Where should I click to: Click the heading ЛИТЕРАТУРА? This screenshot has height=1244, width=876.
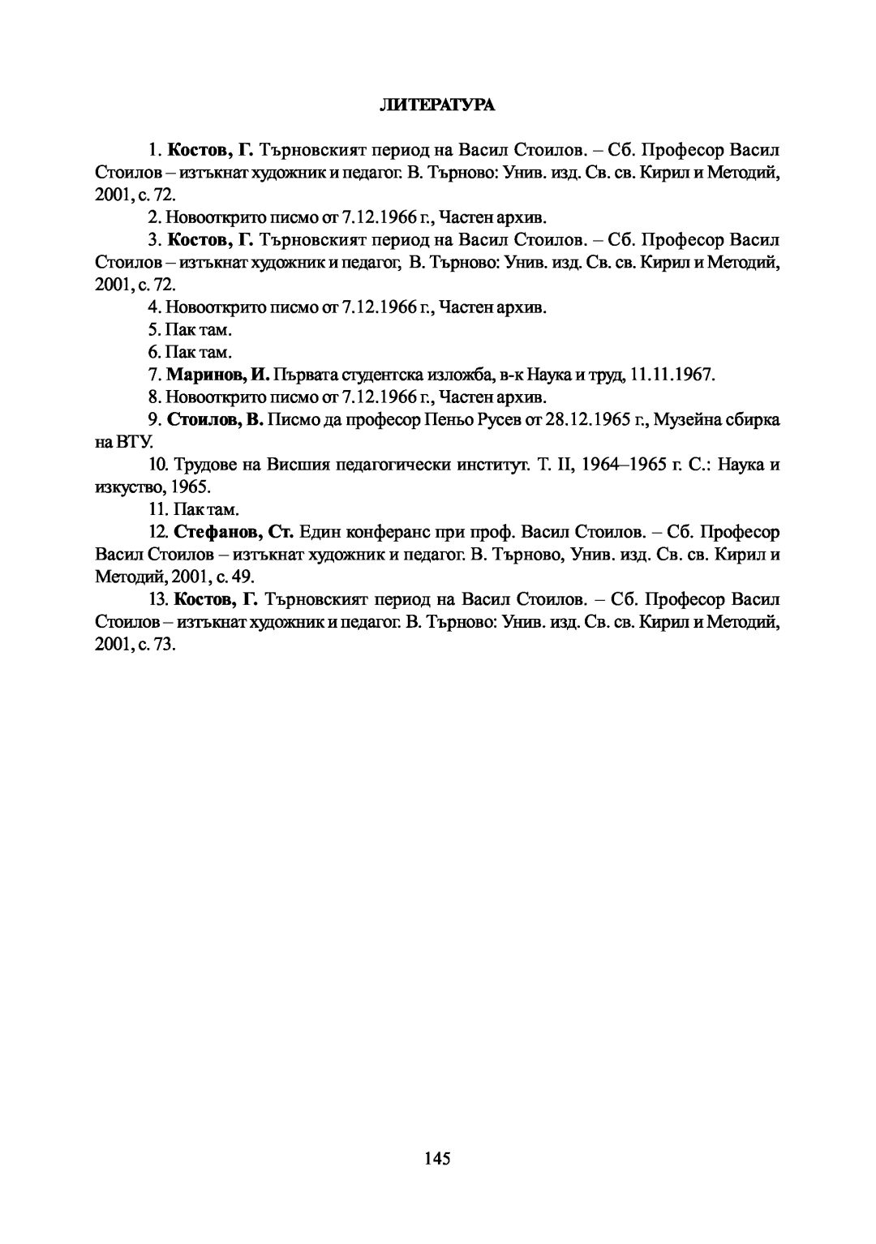(x=437, y=105)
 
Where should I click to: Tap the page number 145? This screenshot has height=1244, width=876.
(x=436, y=1158)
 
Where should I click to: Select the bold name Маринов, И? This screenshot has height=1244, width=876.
(x=218, y=375)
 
